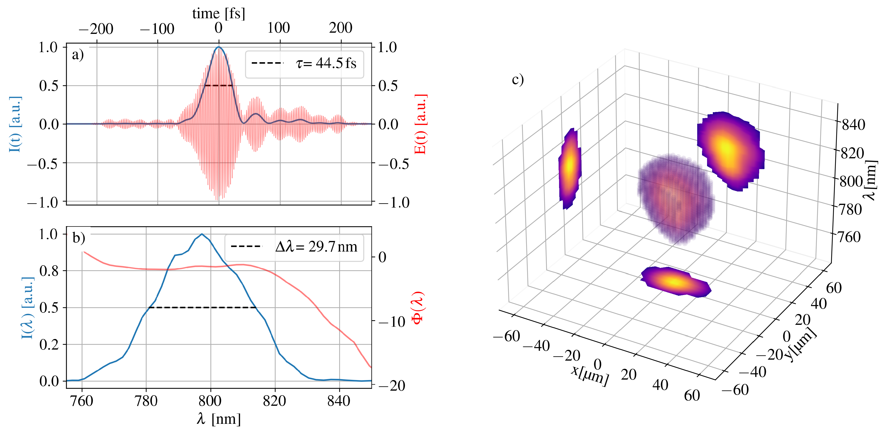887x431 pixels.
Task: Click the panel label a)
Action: coord(78,55)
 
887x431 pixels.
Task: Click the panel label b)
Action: coord(79,238)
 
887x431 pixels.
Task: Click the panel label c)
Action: coord(517,80)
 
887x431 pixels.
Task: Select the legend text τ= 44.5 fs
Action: coord(326,63)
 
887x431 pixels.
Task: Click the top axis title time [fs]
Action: coord(219,13)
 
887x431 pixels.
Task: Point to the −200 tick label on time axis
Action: coord(96,29)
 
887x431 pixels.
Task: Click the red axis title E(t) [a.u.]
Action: coord(420,124)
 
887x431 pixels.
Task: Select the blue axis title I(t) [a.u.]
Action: coord(15,124)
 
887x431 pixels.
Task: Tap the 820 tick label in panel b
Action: coord(274,401)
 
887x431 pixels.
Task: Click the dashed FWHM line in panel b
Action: coord(203,308)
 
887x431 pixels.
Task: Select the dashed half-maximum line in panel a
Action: coord(219,85)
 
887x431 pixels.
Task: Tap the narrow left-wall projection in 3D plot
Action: coord(570,168)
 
